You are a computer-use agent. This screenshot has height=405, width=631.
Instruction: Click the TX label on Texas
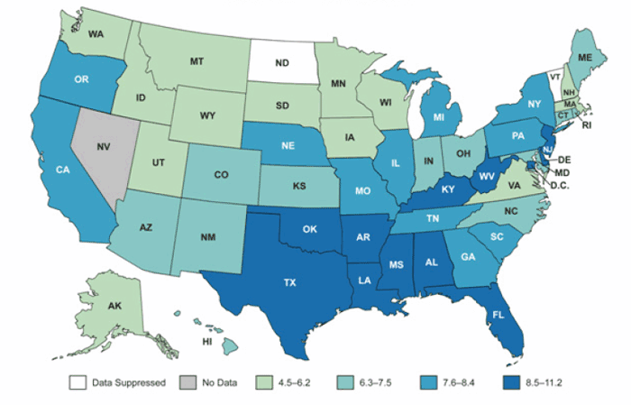[x=289, y=281]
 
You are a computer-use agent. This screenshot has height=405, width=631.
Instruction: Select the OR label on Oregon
[x=80, y=79]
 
